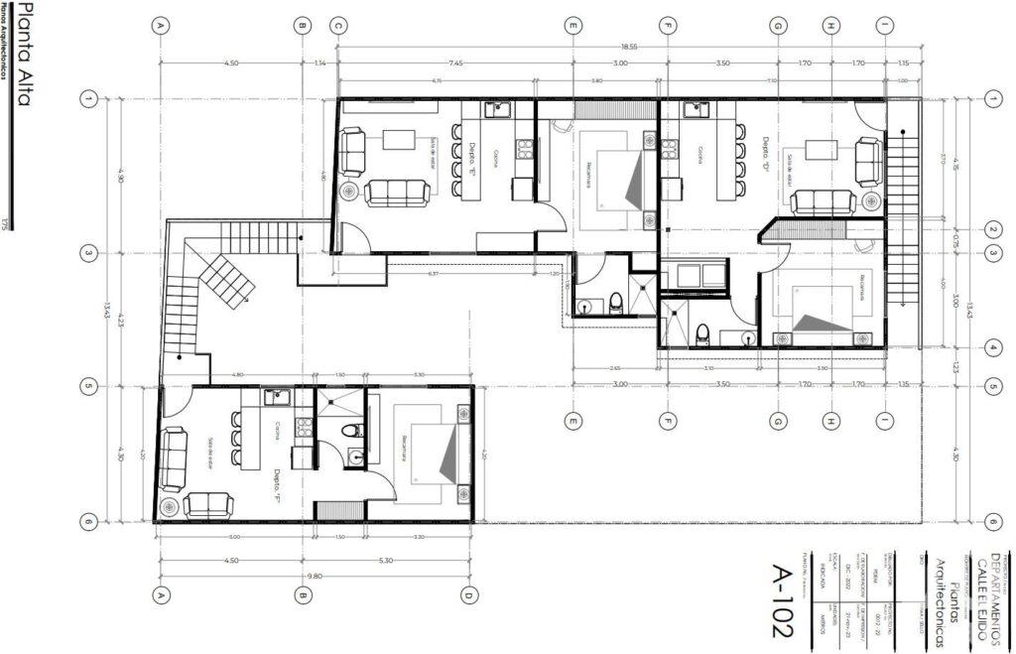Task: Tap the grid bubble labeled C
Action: point(338,26)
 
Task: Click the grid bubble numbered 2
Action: point(992,230)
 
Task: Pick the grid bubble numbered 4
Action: point(992,347)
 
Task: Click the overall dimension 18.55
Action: point(629,47)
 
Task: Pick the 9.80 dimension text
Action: point(314,576)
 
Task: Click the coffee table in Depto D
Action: point(821,151)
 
